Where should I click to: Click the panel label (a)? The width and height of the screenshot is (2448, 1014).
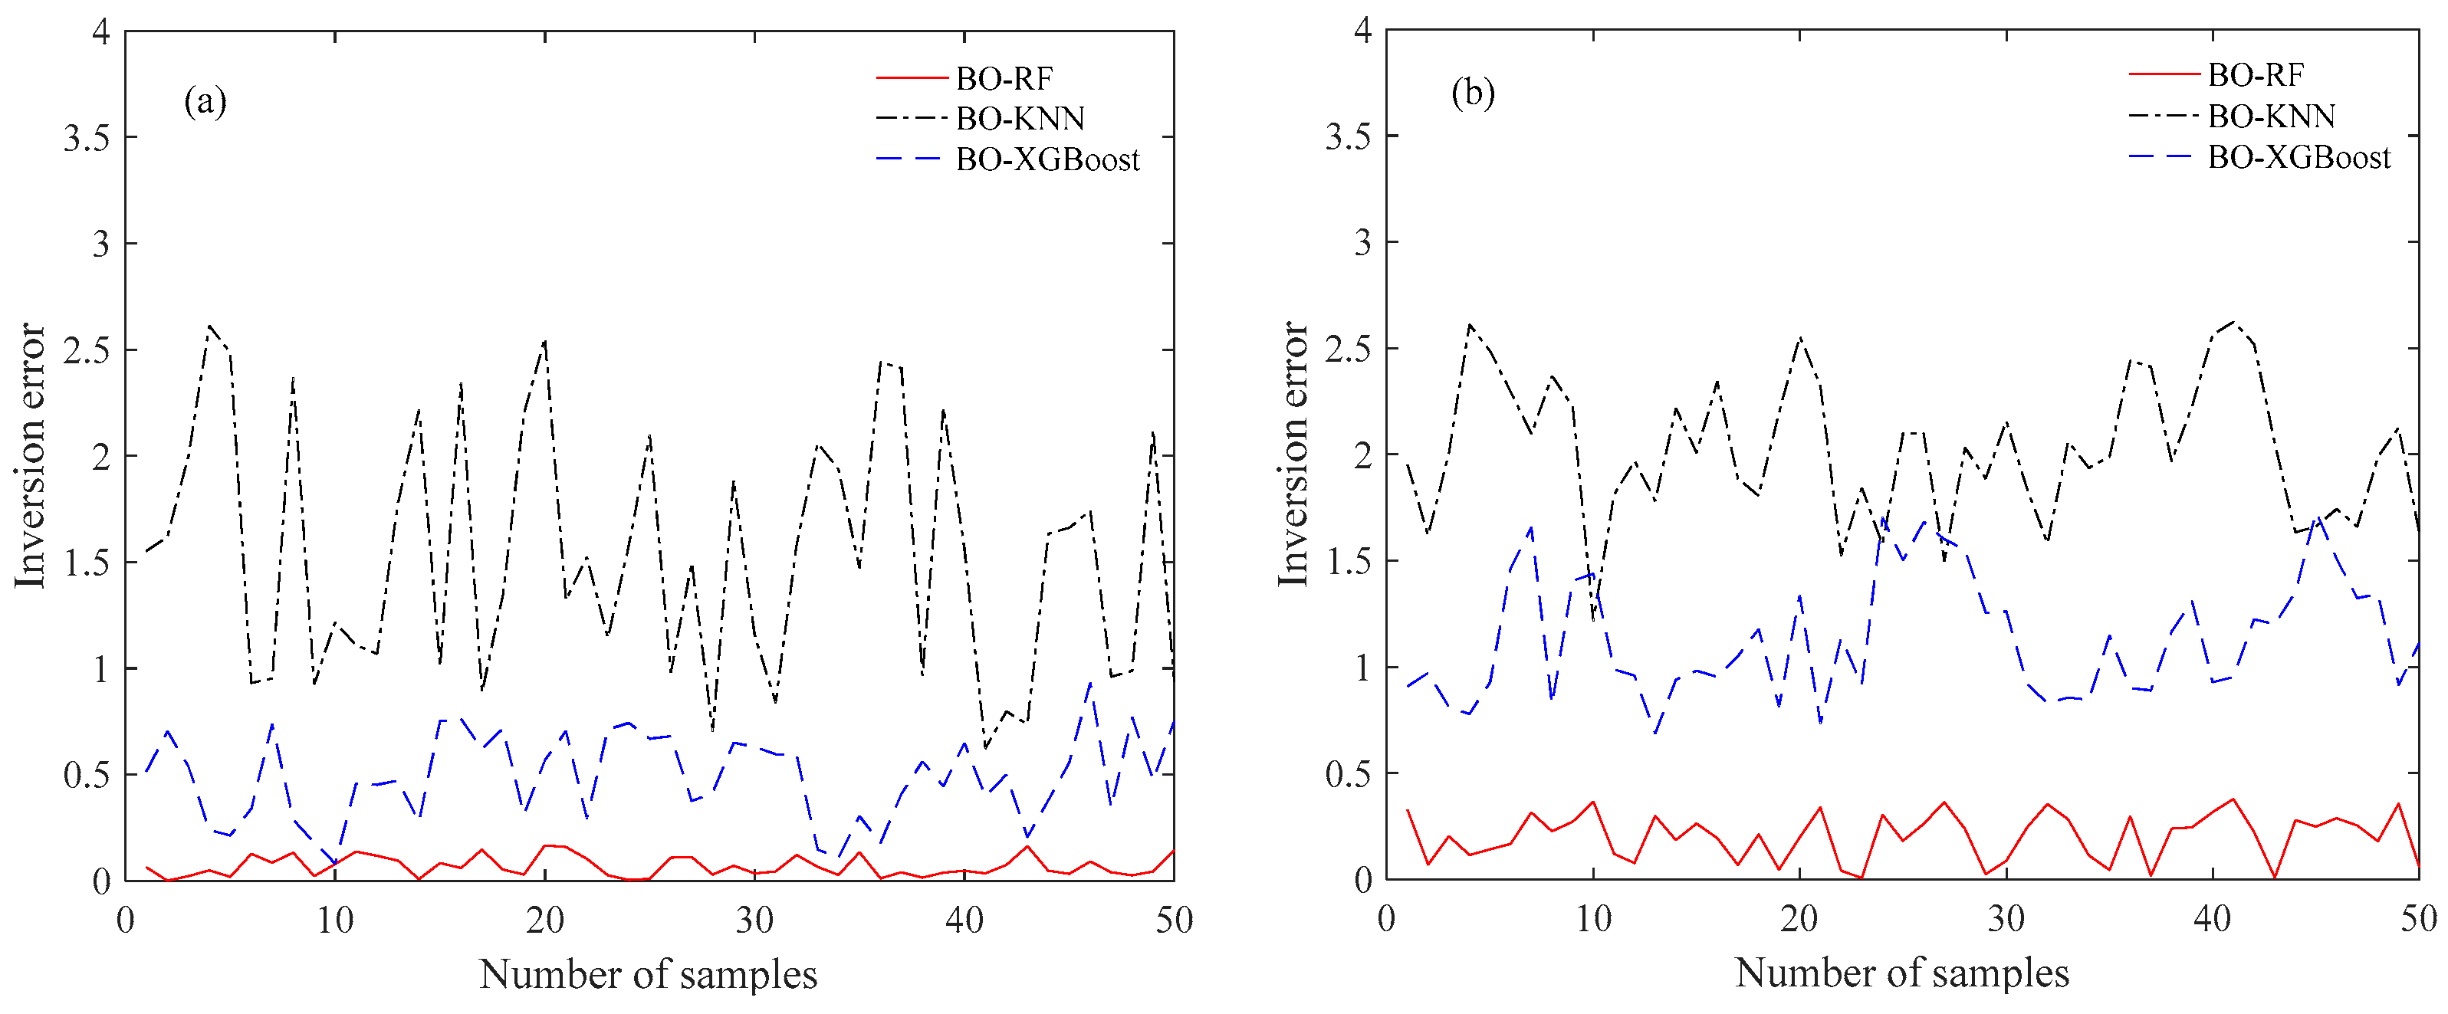coord(205,100)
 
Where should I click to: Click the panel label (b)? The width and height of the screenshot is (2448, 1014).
coord(1473,94)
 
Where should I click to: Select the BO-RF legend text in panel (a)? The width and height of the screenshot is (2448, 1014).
coord(1004,78)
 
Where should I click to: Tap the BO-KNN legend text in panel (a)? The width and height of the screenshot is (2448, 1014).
coord(1020,119)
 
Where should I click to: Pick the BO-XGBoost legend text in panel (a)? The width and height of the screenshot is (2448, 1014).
coord(1047,159)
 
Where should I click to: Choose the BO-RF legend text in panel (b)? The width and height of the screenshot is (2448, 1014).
coord(2255,74)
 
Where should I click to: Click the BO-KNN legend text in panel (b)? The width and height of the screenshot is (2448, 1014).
coord(2271,116)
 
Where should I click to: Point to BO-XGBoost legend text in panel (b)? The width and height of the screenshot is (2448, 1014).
coord(2298,157)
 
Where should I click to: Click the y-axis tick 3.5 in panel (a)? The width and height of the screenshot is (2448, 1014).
coord(87,139)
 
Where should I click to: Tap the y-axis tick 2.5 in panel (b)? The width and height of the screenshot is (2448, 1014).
coord(1349,349)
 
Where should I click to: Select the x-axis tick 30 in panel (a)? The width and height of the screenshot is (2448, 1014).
coord(754,920)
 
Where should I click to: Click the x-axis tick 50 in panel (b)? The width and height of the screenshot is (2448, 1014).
coord(2419,918)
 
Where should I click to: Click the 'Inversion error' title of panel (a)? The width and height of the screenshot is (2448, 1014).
coord(31,456)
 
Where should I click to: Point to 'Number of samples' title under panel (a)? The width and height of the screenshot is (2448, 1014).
coord(648,975)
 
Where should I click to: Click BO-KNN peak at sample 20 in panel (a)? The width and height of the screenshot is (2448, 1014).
coord(544,340)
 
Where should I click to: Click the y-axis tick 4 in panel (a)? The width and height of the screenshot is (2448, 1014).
coord(100,33)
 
